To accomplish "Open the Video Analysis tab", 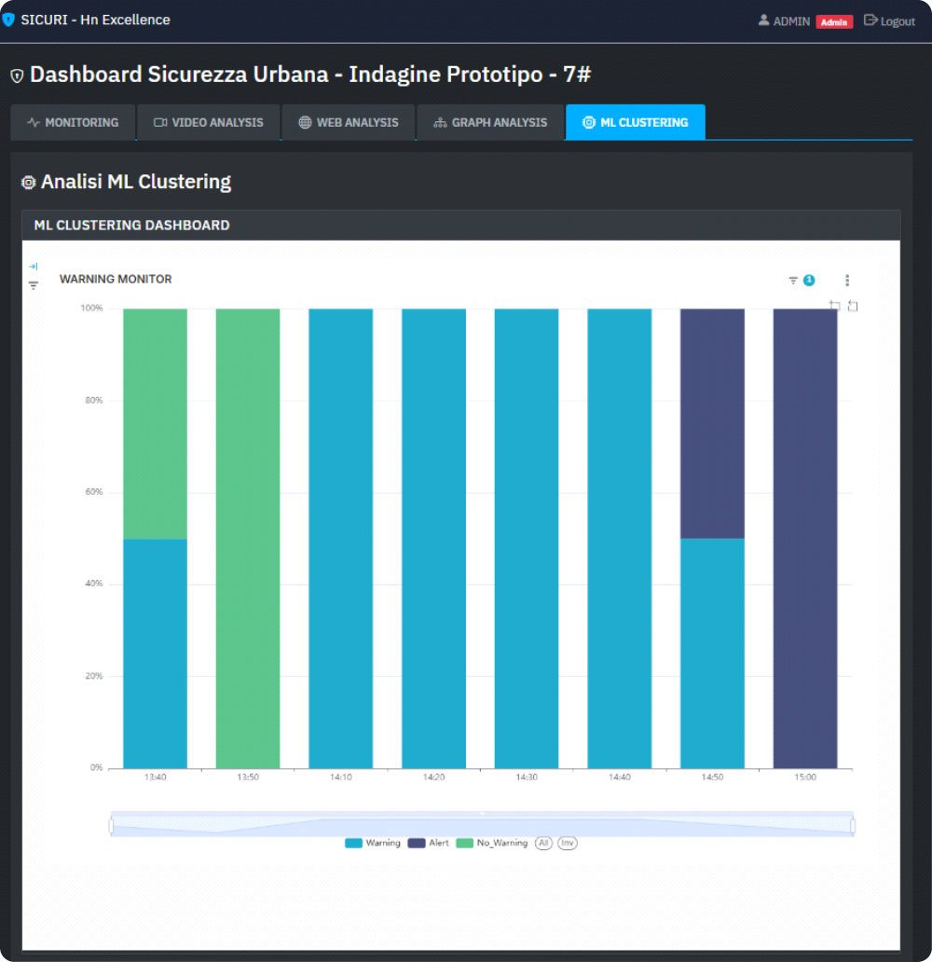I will pyautogui.click(x=209, y=122).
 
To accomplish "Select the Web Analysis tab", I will pyautogui.click(x=349, y=122).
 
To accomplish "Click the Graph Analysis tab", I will pyautogui.click(x=490, y=122).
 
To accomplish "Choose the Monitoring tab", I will pyautogui.click(x=73, y=122).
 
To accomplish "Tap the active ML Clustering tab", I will pyautogui.click(x=635, y=122).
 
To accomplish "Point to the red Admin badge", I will pyautogui.click(x=834, y=21).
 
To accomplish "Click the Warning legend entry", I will pyautogui.click(x=373, y=843).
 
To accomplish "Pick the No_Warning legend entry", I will pyautogui.click(x=493, y=843).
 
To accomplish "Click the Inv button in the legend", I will pyautogui.click(x=567, y=843).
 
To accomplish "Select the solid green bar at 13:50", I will pyautogui.click(x=248, y=538).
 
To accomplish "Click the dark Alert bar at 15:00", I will pyautogui.click(x=805, y=538).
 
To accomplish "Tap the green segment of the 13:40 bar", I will pyautogui.click(x=155, y=423).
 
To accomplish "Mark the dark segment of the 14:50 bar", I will pyautogui.click(x=712, y=423).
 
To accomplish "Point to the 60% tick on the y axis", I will pyautogui.click(x=93, y=492).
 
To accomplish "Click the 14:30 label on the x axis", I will pyautogui.click(x=527, y=777).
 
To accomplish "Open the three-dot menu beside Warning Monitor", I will pyautogui.click(x=846, y=281).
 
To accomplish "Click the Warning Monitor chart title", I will pyautogui.click(x=116, y=279).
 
